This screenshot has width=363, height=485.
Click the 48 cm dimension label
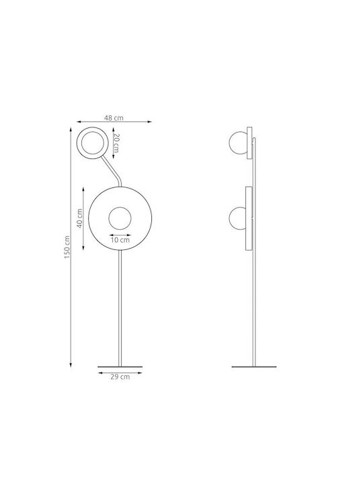[114, 118]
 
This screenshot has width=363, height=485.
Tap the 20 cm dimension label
[116, 143]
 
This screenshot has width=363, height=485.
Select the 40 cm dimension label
[79, 218]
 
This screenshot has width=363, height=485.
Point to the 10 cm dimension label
[120, 240]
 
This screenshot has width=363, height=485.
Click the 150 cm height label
[67, 247]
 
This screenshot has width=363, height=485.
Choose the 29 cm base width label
[120, 377]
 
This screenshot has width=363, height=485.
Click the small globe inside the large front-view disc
[120, 218]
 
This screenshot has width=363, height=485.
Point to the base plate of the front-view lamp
[120, 367]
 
